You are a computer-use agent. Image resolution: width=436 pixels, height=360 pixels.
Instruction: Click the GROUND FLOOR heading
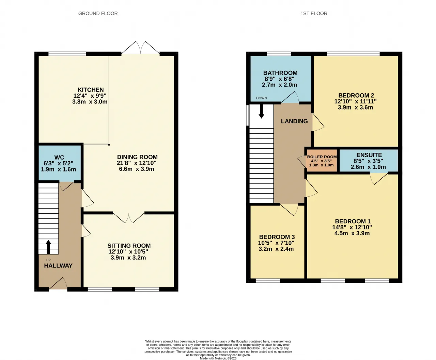pos(98,13)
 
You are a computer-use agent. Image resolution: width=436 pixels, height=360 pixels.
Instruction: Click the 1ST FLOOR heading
pos(314,13)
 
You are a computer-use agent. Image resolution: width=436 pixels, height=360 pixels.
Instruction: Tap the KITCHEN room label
pos(91,90)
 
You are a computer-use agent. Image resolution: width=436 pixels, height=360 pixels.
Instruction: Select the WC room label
pos(59,157)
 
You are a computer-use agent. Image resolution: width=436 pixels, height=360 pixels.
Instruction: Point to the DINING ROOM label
pos(137,157)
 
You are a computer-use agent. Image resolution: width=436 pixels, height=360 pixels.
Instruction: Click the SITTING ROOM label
pos(129,245)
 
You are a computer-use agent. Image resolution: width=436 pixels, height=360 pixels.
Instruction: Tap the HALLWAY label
pos(58,265)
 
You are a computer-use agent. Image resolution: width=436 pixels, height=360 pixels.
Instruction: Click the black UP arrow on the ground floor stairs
pos(48,247)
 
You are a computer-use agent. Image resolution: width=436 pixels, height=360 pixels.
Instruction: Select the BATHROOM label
pos(280,73)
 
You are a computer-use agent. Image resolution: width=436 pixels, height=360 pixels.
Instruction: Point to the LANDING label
pos(294,121)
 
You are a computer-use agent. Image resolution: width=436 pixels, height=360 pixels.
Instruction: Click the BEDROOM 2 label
pos(356,95)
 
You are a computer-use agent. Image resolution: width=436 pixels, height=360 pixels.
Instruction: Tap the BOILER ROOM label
pos(322,157)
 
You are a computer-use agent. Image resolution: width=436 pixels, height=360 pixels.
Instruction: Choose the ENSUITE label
pos(369,155)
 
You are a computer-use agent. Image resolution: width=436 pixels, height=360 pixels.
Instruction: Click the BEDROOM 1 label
pos(353,221)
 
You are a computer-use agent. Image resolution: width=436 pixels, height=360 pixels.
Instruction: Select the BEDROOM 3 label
pos(277,237)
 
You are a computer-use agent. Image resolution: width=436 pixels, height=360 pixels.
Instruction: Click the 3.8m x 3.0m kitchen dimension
pos(90,102)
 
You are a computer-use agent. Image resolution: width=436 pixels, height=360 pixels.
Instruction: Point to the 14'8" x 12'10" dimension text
pos(352,227)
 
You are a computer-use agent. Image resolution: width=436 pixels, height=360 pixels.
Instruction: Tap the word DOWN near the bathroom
pos(262,98)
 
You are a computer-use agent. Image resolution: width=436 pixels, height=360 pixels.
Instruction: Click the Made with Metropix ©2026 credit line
pos(218,358)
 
